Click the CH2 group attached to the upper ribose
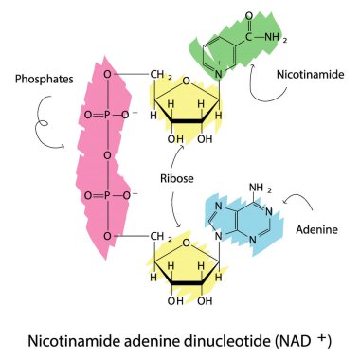(162, 70)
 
